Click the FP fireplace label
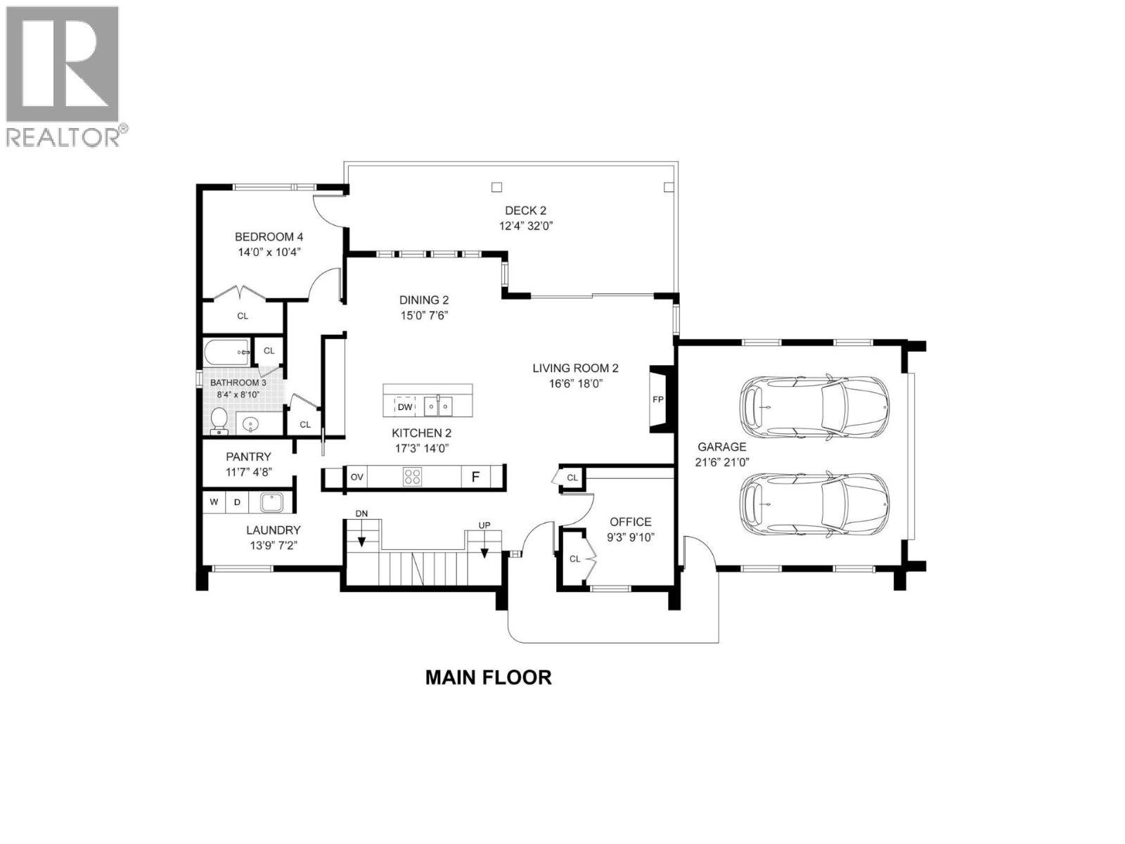pos(658,399)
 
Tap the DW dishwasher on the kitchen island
pos(405,407)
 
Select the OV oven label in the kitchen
pos(357,477)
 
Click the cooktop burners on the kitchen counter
pos(413,477)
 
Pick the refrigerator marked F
pos(475,477)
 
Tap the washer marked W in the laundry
pos(214,502)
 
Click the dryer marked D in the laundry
pos(238,502)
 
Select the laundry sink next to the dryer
pos(271,502)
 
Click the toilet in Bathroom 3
pos(219,420)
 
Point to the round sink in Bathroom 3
pos(251,423)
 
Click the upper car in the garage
pos(814,408)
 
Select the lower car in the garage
pos(814,504)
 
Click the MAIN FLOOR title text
pos(489,677)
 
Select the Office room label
pos(630,522)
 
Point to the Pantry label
pos(248,457)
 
